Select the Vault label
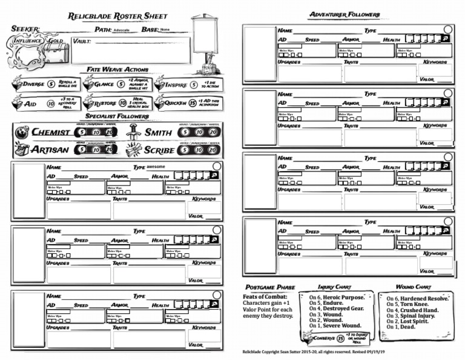[82, 41]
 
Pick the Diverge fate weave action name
[33, 85]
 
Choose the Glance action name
[104, 85]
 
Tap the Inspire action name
[176, 85]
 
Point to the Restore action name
[105, 104]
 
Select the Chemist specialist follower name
[51, 132]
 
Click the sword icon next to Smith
[134, 132]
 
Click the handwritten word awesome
[156, 167]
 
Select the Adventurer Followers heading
[345, 15]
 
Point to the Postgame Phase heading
[269, 287]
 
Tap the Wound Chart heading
[414, 287]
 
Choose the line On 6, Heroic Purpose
[337, 298]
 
